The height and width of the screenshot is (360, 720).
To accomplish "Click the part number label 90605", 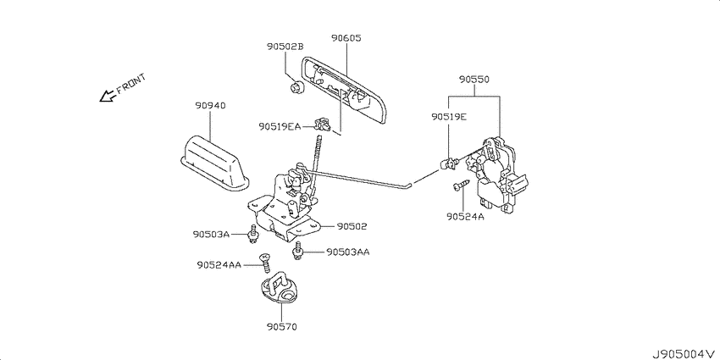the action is pos(346,38).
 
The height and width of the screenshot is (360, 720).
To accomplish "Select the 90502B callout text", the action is pos(285,47).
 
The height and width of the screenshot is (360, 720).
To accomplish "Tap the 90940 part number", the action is pos(210,106).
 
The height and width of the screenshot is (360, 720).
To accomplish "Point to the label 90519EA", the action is pos(280,126).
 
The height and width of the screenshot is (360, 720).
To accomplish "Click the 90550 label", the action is pos(474,80).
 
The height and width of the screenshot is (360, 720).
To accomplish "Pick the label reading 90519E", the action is pos(449,117).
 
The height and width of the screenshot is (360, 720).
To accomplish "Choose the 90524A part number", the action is pos(465,216).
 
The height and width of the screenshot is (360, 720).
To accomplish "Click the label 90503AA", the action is pos(347,252).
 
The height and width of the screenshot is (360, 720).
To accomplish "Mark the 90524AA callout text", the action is pos(219,265).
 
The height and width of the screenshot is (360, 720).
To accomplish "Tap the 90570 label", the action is pos(281,328).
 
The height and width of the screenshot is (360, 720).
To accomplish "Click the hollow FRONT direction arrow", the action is pos(107,96).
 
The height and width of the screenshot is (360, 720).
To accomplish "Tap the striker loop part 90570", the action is pos(279,288).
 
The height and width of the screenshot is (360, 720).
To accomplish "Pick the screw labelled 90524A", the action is pos(460,185).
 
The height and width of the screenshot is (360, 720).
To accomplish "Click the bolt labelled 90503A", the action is pos(252,235).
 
